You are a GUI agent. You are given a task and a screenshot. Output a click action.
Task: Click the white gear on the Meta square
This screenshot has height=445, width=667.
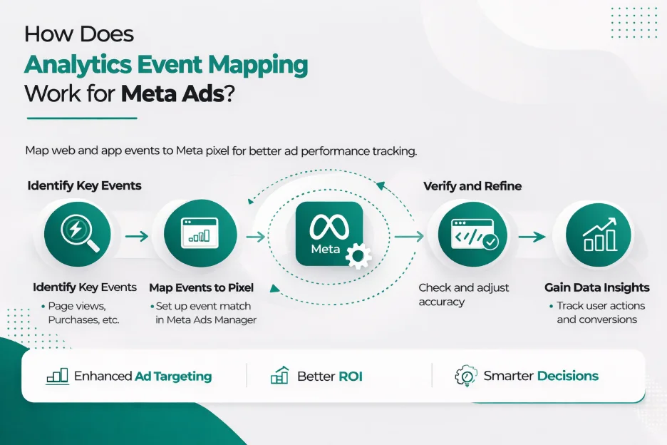coord(357,255)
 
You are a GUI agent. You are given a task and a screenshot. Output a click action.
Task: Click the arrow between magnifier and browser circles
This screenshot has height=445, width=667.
coord(137,236)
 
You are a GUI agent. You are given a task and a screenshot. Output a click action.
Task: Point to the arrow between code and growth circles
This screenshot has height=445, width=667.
coord(532,236)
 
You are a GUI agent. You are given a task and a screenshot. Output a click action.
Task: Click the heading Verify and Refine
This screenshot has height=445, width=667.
coord(472,186)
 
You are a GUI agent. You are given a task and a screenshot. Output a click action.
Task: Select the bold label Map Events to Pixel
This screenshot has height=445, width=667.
coord(201,288)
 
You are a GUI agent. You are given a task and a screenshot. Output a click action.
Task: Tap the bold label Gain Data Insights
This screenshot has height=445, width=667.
coord(597,288)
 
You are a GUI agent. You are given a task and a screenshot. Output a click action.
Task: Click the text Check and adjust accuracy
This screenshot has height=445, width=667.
coord(463,295)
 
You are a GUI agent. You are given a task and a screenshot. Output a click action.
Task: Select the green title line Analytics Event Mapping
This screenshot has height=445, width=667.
coord(166,64)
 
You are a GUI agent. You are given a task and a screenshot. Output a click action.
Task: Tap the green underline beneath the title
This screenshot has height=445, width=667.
coord(81,118)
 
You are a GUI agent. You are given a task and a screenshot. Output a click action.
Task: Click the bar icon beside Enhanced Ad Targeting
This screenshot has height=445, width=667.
coord(57,376)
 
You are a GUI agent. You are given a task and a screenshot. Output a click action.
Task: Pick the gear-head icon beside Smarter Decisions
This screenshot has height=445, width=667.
coord(465,376)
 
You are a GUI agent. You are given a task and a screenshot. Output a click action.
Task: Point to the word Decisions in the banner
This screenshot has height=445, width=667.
coord(568,376)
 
